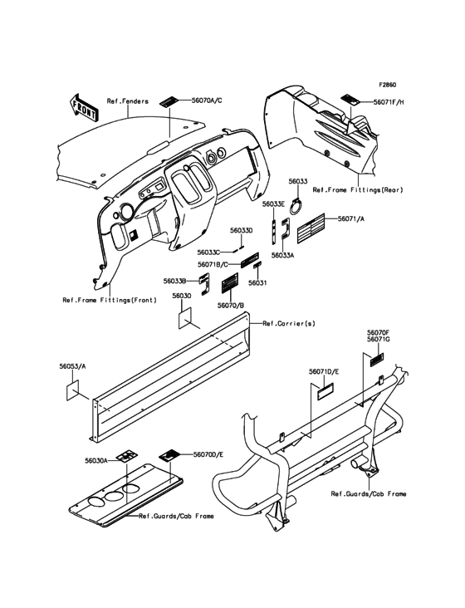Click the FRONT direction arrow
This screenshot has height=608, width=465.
click(x=83, y=106)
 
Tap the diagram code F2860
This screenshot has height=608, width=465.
click(x=388, y=84)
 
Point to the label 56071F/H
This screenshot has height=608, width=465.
click(x=389, y=102)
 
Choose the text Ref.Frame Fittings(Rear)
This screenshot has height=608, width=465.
click(x=358, y=190)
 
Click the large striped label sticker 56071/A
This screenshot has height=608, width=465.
click(x=311, y=228)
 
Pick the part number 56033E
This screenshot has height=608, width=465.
click(x=273, y=204)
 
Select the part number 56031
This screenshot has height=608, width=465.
click(x=257, y=283)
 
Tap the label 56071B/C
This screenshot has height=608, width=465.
click(x=213, y=264)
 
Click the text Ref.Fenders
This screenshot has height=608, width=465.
click(x=128, y=101)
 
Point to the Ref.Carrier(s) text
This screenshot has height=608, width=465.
click(x=289, y=323)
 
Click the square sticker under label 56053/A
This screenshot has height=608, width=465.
click(x=71, y=390)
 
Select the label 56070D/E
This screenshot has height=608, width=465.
click(x=208, y=454)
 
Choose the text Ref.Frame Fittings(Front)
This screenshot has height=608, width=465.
click(x=110, y=300)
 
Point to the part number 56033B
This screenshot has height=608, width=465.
click(x=174, y=281)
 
